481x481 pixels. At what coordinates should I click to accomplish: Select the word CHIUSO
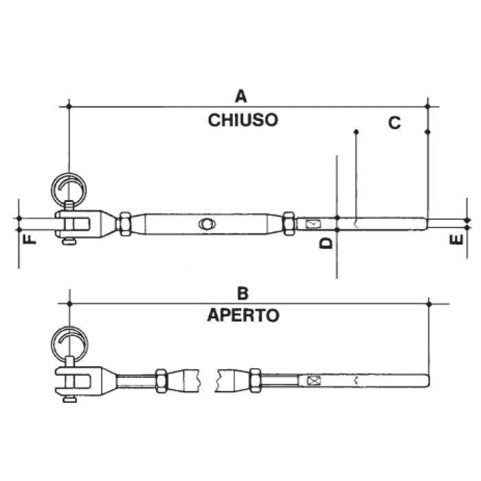(243, 120)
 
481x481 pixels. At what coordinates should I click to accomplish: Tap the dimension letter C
(394, 123)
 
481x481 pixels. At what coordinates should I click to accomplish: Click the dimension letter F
(28, 240)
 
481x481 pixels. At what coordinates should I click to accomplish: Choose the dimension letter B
(242, 293)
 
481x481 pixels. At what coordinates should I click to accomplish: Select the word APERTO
(243, 316)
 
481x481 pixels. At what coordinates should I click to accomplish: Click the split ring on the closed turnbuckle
(69, 188)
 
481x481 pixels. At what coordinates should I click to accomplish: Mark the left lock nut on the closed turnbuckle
(125, 223)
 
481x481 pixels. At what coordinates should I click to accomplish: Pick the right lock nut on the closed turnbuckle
(289, 223)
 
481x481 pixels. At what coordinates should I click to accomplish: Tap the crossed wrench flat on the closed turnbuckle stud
(313, 223)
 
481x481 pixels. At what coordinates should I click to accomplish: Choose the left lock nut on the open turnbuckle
(161, 380)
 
